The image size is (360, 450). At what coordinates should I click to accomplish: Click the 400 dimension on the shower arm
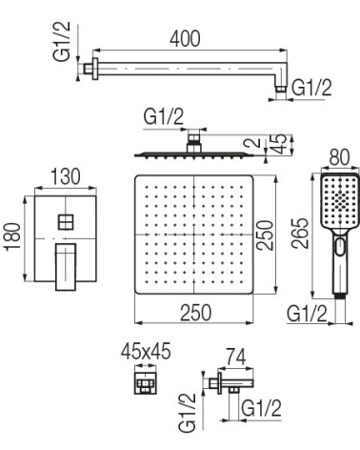click(x=185, y=39)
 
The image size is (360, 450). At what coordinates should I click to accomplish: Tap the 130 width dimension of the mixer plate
click(x=66, y=176)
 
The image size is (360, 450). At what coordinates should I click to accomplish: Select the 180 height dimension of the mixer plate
click(x=13, y=237)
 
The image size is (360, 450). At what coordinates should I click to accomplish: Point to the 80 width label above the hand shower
click(x=339, y=157)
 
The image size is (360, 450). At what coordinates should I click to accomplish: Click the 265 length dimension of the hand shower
click(x=300, y=234)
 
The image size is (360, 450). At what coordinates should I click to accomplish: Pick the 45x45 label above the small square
click(x=146, y=351)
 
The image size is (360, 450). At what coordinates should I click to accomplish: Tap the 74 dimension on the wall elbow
click(x=236, y=357)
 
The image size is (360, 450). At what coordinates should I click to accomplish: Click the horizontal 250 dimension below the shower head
click(x=196, y=313)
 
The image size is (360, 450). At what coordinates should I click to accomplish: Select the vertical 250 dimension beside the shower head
click(x=265, y=235)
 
